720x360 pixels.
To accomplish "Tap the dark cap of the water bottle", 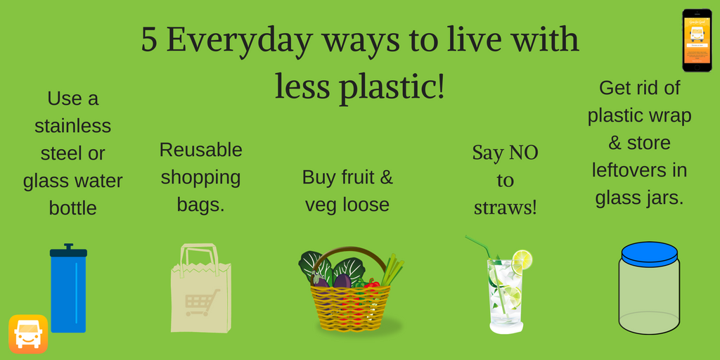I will click(68, 251).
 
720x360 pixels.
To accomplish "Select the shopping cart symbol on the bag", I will click(202, 301).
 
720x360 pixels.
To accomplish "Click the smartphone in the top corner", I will click(697, 40).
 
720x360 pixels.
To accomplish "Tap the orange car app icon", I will click(28, 334).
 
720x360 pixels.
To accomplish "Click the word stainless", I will click(72, 126).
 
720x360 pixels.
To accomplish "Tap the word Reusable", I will click(200, 150).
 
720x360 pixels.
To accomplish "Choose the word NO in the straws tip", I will click(523, 153).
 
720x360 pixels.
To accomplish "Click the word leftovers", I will click(639, 170).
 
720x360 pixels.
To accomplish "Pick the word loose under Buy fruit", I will click(366, 205).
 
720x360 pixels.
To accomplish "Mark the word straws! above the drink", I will click(505, 207).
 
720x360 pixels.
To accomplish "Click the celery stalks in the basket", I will click(392, 271).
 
